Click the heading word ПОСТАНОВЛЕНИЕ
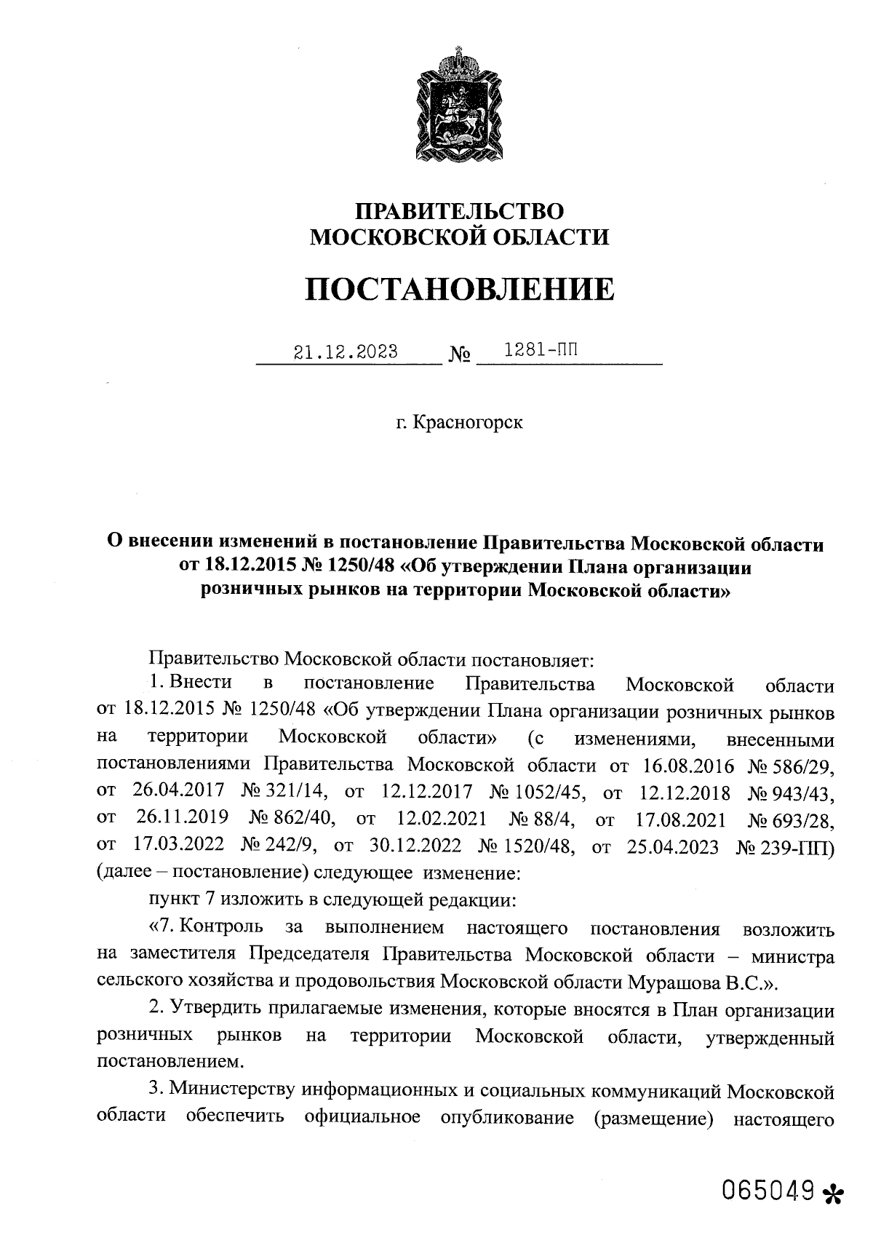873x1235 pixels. click(458, 290)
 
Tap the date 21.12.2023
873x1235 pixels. click(346, 352)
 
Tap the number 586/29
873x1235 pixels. click(802, 766)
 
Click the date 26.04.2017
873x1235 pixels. click(178, 793)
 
